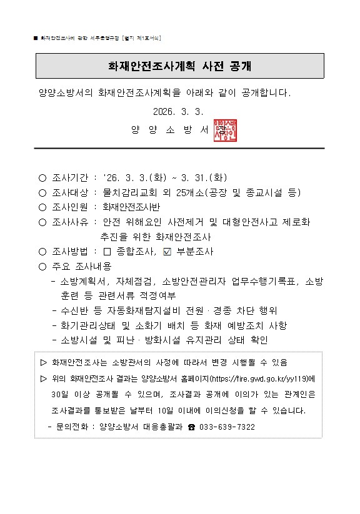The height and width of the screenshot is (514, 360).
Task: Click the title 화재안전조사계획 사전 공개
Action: click(x=180, y=66)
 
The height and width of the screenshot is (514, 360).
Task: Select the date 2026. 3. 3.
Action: click(x=179, y=112)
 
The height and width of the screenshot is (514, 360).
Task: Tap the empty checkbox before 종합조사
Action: click(x=106, y=252)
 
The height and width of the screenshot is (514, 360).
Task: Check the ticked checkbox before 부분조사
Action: click(x=166, y=252)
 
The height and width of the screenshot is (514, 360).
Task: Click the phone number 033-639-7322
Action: click(x=227, y=427)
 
